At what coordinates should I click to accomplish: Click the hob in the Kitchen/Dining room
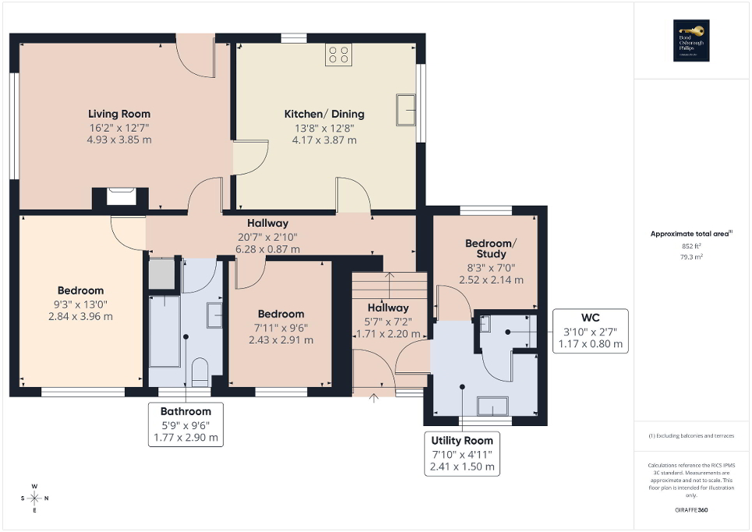[x=338, y=54]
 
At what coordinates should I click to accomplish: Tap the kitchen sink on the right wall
[x=405, y=109]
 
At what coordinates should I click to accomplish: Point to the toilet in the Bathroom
[x=199, y=372]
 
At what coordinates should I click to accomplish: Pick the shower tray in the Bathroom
[x=163, y=273]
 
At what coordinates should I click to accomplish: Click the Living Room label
[x=119, y=114]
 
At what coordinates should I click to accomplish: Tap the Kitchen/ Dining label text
[x=323, y=114]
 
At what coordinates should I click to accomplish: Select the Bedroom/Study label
[x=491, y=248]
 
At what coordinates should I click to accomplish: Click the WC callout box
[x=590, y=331]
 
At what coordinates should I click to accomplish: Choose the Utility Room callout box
[x=461, y=454]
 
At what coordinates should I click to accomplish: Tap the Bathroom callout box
[x=185, y=425]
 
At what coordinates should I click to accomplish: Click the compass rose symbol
[x=34, y=499]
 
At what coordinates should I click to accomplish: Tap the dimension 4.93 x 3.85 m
[x=119, y=140]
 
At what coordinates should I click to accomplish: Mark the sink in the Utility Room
[x=493, y=406]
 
